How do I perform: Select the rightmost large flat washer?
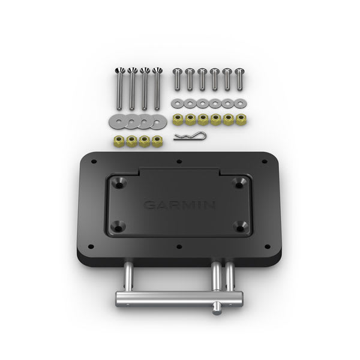point(159,122)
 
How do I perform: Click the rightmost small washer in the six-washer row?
point(241,103)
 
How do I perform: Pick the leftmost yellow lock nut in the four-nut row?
point(118,142)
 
